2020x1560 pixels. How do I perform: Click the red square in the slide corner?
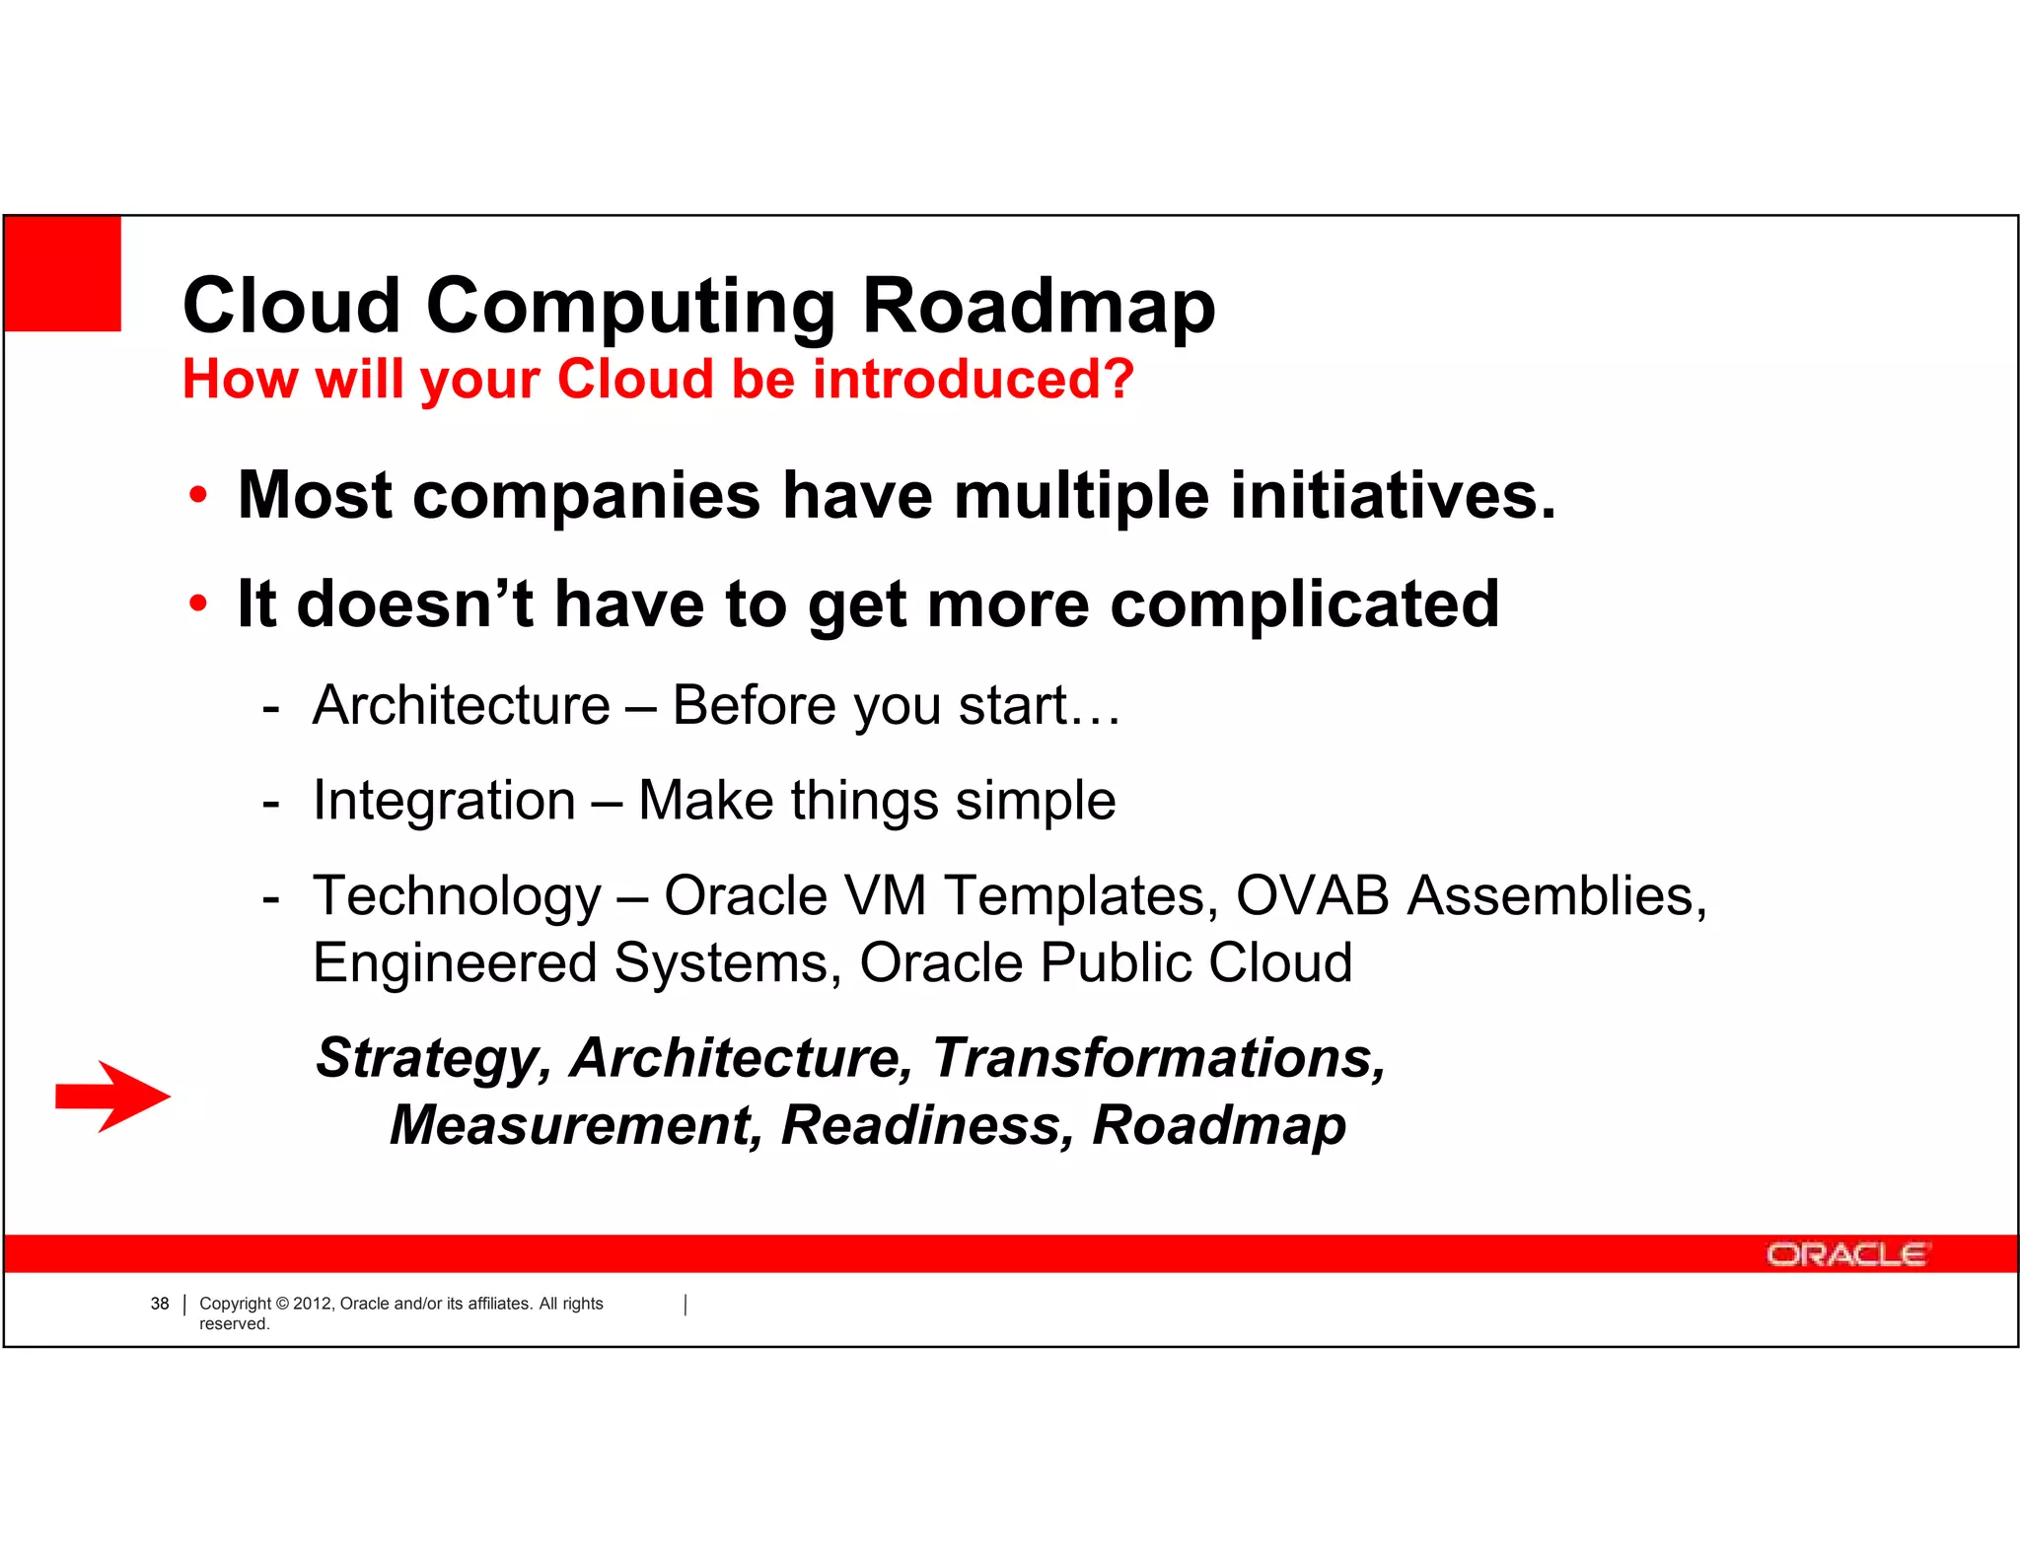63,273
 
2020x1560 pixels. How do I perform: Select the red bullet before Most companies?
198,495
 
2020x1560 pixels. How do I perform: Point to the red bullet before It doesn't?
198,603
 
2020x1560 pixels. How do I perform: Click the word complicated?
1304,603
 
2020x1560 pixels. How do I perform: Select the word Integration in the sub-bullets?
444,800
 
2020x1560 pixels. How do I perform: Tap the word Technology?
457,896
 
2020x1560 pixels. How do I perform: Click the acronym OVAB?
1312,896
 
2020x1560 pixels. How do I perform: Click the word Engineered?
455,963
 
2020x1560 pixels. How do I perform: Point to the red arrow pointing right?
112,1097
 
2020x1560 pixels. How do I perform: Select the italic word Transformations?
1158,1058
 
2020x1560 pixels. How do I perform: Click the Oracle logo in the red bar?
1846,1254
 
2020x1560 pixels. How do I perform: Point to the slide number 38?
160,1304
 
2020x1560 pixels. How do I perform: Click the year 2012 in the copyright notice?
314,1304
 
